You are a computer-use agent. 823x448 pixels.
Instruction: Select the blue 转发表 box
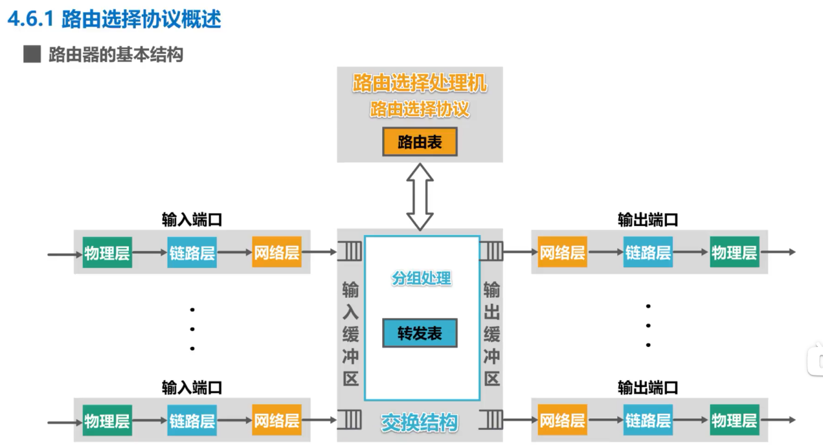pos(420,333)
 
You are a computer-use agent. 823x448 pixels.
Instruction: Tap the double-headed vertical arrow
pos(420,196)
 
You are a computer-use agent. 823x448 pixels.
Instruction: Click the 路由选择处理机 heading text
pos(420,84)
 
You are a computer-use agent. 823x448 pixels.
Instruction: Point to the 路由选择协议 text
pos(420,109)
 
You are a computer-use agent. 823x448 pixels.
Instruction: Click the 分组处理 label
pos(422,278)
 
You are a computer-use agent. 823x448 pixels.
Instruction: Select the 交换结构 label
pos(420,423)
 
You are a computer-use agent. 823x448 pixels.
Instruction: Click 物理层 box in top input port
pos(107,253)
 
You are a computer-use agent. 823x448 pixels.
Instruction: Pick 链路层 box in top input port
pos(192,253)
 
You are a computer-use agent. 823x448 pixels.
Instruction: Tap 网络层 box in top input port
pos(276,253)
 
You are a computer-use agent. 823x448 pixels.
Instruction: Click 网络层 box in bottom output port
pos(562,421)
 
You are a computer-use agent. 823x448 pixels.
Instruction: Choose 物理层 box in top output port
pos(734,253)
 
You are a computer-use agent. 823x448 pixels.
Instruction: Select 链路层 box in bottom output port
pos(648,421)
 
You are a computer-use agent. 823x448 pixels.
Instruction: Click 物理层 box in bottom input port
pos(107,421)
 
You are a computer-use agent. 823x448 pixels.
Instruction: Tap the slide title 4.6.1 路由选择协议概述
pos(114,19)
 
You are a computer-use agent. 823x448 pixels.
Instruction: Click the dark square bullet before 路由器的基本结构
pos(32,54)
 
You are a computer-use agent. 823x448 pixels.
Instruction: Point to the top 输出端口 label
pos(648,220)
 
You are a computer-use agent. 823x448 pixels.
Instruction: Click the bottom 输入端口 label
pos(192,388)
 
